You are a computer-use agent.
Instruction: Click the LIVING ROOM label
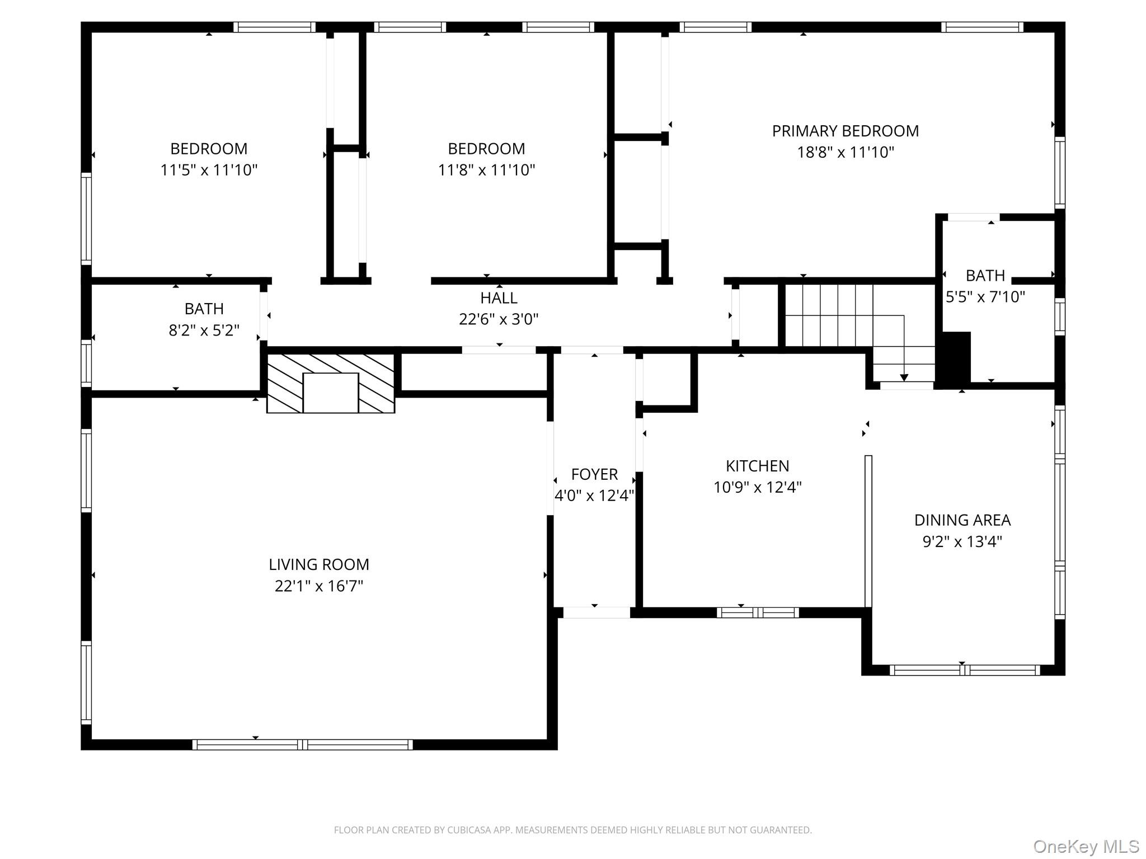[319, 564]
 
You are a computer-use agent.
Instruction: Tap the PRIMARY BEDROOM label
[846, 131]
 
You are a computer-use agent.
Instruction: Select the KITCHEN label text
[758, 466]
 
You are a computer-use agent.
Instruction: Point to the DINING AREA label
[962, 520]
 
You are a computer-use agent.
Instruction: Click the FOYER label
[594, 474]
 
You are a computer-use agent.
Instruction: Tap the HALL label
[499, 298]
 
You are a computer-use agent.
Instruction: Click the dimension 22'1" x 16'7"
[319, 586]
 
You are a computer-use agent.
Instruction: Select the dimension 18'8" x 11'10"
[846, 152]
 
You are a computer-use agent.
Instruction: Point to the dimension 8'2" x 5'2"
[204, 330]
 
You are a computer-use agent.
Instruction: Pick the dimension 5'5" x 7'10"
[985, 296]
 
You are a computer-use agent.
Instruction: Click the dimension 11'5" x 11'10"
[209, 170]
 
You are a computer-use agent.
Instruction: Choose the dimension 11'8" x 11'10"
[486, 170]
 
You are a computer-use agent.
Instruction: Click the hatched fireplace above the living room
[331, 383]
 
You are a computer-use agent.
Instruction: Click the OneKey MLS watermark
[1086, 847]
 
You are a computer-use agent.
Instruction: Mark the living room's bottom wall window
[303, 744]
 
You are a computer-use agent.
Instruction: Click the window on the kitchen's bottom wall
[758, 612]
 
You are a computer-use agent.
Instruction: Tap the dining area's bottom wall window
[965, 670]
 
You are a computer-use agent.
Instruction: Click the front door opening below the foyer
[597, 612]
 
